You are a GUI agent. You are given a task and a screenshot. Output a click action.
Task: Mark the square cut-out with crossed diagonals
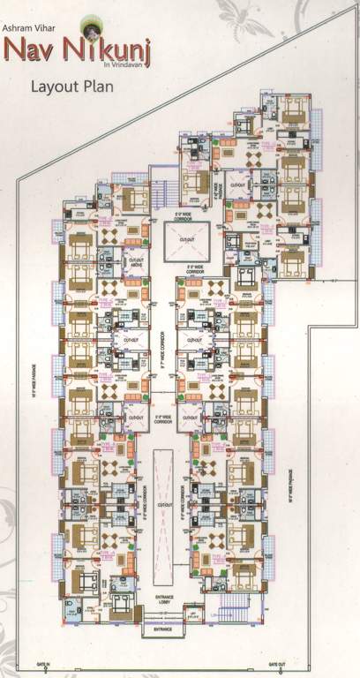tap(186, 237)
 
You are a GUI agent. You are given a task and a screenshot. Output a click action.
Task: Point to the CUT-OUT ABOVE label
tap(136, 261)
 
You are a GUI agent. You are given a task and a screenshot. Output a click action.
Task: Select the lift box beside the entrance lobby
tap(192, 614)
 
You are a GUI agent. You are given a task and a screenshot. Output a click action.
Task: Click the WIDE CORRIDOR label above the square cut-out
tap(184, 213)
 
